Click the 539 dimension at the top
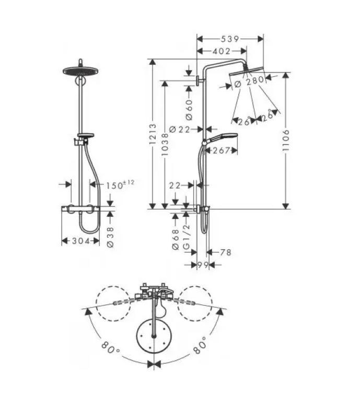(229, 39)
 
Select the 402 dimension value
(222, 51)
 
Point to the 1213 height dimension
(153, 134)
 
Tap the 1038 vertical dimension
(165, 145)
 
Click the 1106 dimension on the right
(286, 141)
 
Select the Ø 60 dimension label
(189, 110)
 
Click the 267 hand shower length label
(221, 150)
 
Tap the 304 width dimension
(81, 241)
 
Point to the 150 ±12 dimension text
(120, 184)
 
